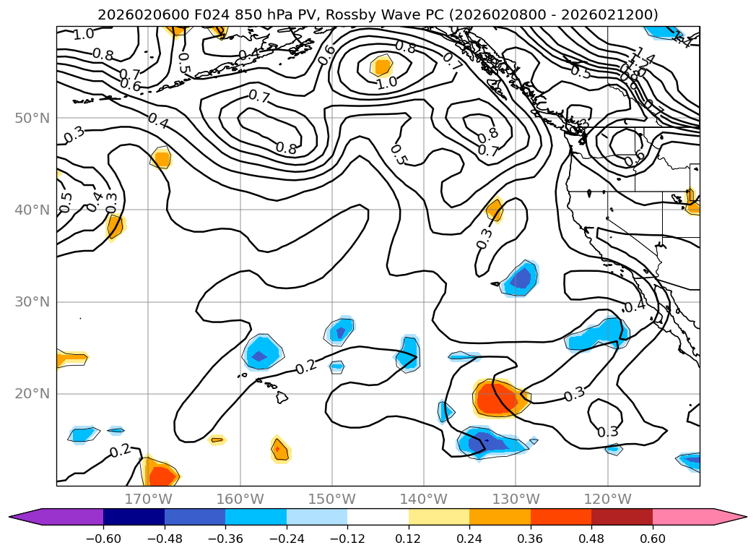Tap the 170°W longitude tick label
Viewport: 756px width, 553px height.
(148, 499)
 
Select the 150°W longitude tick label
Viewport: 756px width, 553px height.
(332, 499)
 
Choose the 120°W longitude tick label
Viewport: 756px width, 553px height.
(607, 499)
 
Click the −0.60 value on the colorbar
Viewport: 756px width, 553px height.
(103, 539)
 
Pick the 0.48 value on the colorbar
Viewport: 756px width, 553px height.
(591, 539)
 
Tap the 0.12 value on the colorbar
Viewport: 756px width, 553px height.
(409, 539)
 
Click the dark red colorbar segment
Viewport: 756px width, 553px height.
(622, 517)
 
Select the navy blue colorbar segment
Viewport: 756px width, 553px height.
(134, 517)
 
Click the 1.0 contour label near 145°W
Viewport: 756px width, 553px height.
(386, 82)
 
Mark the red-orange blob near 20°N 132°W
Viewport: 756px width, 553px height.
(500, 398)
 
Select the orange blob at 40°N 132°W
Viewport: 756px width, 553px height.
(495, 210)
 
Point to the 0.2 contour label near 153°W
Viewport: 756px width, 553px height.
(307, 367)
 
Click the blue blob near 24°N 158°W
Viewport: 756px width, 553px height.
(261, 353)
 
